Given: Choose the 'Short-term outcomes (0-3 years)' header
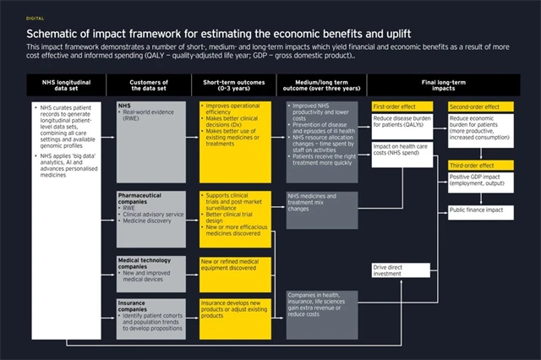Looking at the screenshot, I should coord(236,84).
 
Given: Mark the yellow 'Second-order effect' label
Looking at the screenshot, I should coord(475,107).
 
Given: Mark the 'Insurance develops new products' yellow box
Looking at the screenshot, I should coord(236,308).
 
